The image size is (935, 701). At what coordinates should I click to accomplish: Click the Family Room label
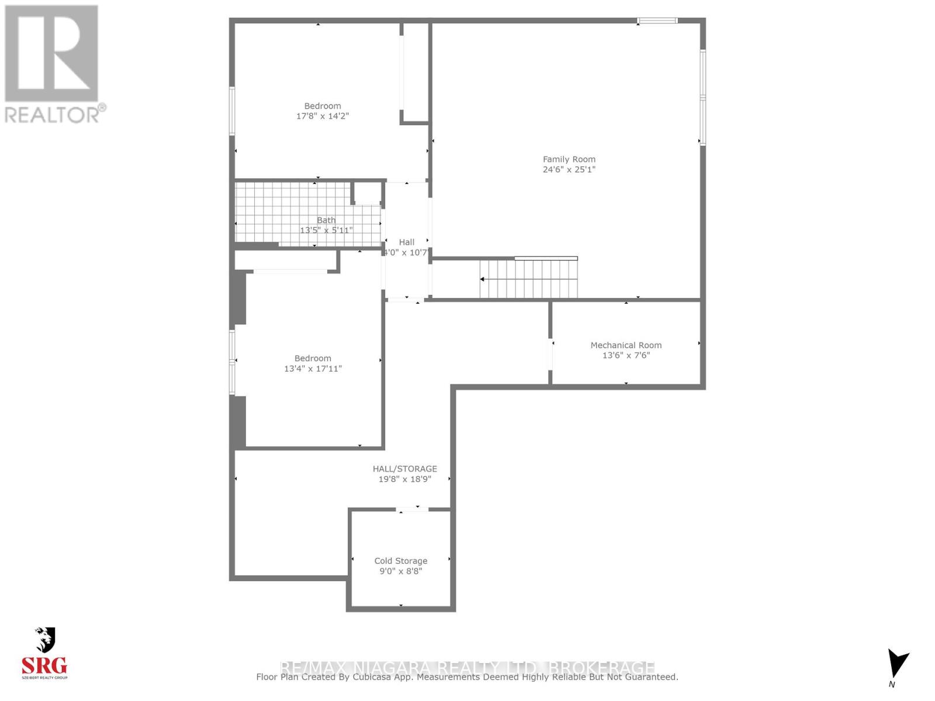coord(569,159)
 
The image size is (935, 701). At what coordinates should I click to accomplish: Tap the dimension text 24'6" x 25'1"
coord(569,169)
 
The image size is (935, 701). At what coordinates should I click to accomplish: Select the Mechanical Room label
coord(626,345)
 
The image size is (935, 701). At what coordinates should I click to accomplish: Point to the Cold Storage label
coord(400,561)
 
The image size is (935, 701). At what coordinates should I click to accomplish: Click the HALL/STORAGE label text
coord(404,469)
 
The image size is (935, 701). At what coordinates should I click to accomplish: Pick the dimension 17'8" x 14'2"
coord(322,116)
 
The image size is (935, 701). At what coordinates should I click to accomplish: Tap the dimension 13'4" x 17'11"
coord(313,369)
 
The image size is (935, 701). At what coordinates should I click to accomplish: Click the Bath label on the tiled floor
coord(326,220)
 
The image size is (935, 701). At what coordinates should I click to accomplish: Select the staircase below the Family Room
coord(528,279)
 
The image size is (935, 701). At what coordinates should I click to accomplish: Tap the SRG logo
coord(44,655)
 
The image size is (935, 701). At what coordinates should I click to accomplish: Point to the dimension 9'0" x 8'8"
coord(400,571)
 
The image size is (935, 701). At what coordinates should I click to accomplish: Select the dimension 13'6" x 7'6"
coord(626,355)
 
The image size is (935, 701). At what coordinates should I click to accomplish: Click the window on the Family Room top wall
coord(657,21)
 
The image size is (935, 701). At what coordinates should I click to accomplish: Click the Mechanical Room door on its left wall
coord(550,353)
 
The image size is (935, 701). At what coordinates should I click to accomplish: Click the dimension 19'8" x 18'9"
coord(404,479)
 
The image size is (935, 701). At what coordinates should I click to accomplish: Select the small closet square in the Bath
coord(367,193)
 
